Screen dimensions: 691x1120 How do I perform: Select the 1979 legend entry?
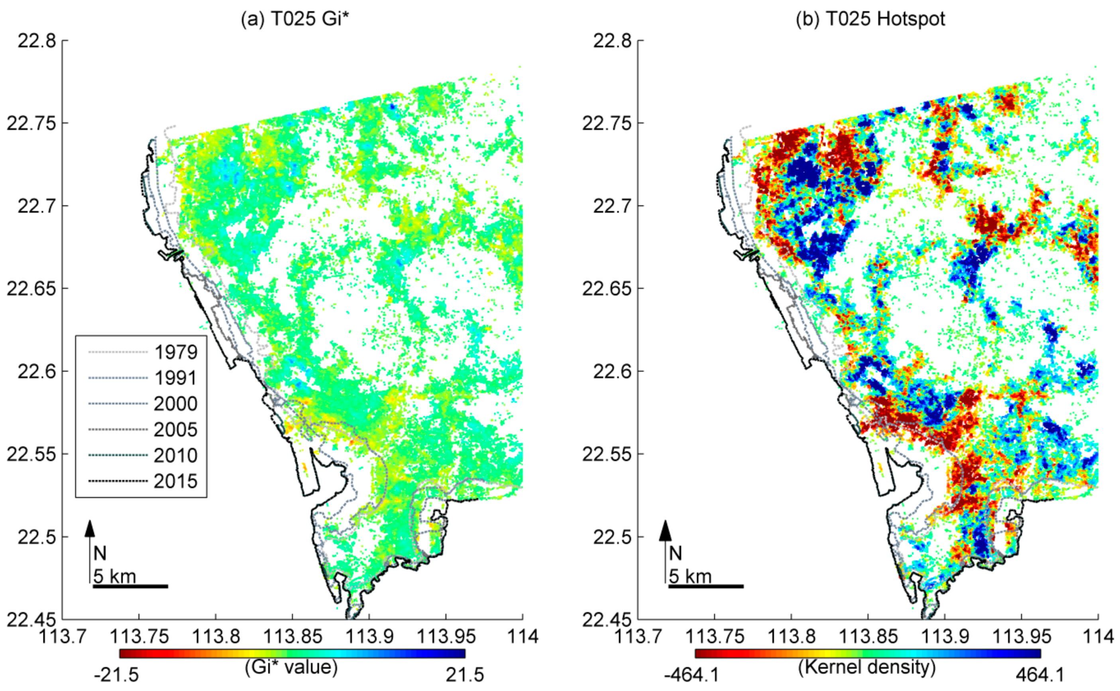(175, 352)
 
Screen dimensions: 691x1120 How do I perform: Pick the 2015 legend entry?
(175, 481)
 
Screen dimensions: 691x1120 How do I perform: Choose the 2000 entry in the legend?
(175, 404)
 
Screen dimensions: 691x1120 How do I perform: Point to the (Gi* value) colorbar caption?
(291, 667)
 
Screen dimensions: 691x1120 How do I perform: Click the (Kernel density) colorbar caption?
(867, 667)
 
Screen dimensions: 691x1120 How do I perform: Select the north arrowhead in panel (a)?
(90, 528)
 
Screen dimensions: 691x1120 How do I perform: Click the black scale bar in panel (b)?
(705, 586)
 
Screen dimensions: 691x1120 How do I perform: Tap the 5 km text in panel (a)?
(115, 576)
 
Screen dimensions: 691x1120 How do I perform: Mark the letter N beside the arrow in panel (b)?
(675, 554)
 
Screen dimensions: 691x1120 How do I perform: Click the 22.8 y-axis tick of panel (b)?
(612, 41)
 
